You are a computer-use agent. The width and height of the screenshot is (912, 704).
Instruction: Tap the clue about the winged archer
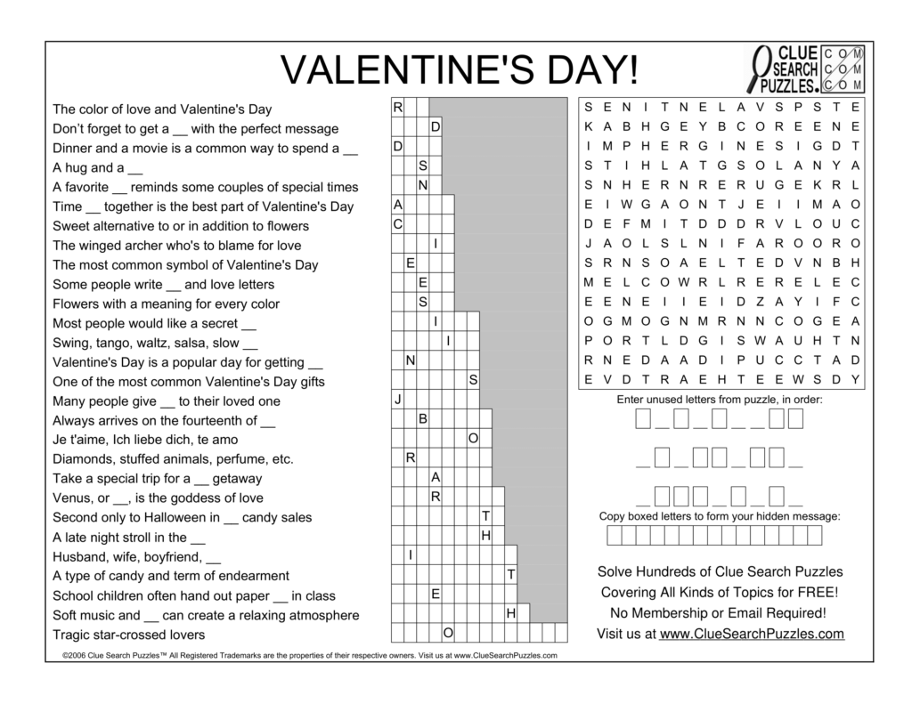[176, 246]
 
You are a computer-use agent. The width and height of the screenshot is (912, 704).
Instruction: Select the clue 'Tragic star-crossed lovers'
[128, 635]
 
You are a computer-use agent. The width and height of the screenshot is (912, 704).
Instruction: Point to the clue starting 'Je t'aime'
[145, 440]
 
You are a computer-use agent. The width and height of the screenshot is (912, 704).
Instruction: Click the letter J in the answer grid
[397, 401]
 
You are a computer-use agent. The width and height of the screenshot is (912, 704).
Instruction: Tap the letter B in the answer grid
[423, 419]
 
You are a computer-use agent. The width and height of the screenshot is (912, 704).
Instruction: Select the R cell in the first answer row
[397, 108]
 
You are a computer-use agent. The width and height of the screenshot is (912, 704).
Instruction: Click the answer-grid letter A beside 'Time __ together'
[397, 206]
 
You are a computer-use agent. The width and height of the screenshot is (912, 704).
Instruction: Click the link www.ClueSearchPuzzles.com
[752, 634]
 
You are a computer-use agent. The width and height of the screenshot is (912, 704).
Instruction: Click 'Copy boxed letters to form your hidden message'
[719, 516]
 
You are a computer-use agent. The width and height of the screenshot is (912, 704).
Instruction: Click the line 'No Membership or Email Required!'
[719, 612]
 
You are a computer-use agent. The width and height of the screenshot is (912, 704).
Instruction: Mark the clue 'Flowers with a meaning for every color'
[167, 303]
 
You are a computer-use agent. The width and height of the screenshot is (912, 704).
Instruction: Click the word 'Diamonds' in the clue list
[80, 459]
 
